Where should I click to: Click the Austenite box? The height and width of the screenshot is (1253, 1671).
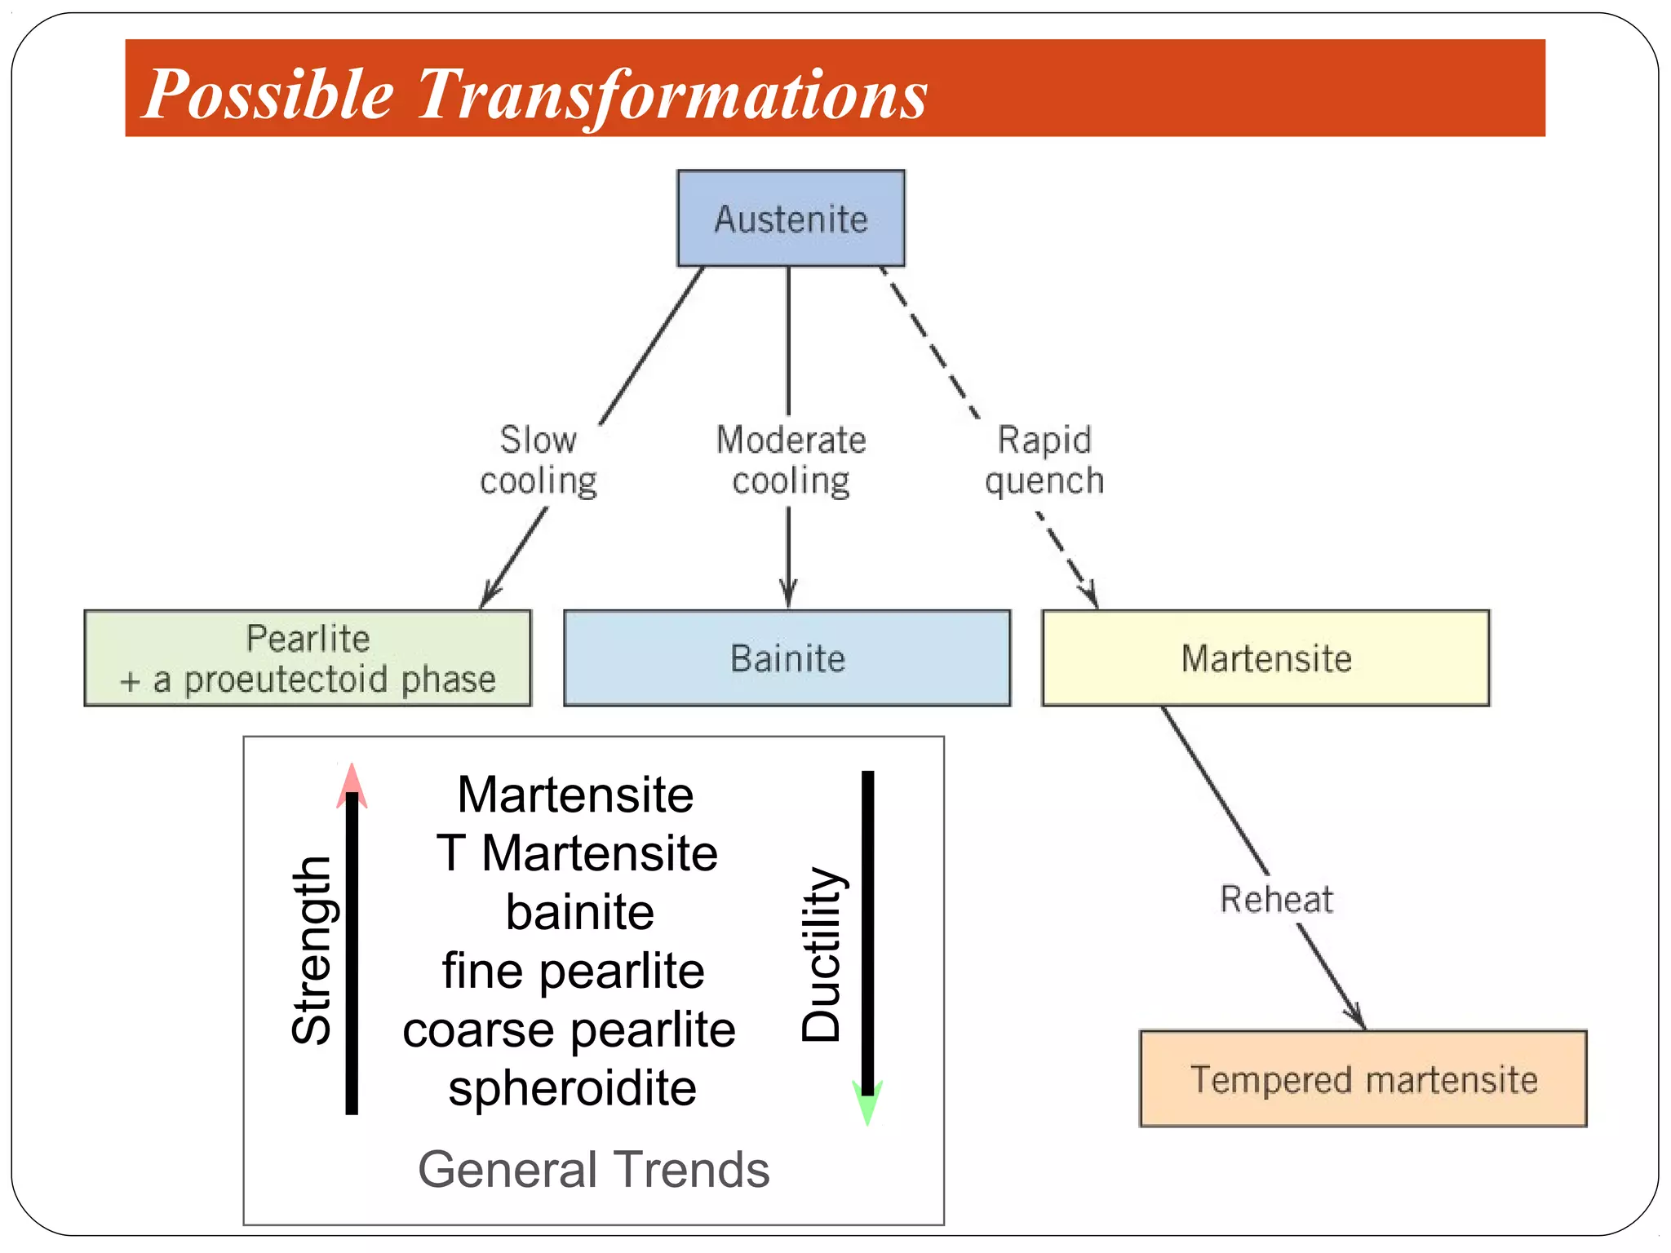pos(791,219)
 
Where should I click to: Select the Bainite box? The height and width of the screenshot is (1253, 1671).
pos(787,658)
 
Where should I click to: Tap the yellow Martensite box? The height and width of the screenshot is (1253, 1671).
pos(1265,658)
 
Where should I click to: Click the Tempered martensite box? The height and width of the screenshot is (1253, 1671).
pos(1363,1079)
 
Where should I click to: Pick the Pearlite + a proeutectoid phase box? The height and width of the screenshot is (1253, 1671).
pos(308,658)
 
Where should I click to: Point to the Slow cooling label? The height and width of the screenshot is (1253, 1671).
pos(539,460)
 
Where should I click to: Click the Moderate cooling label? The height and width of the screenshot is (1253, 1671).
pos(791,460)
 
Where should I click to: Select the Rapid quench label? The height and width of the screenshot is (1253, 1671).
pos(1044,460)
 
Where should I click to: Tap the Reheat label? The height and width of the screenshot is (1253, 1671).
pos(1276,899)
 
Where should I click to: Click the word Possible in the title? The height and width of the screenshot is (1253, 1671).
pos(268,94)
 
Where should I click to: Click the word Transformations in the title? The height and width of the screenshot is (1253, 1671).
pos(672,94)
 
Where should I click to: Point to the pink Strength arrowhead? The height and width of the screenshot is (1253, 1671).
pos(352,785)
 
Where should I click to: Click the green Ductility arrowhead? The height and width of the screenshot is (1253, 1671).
pos(867,1103)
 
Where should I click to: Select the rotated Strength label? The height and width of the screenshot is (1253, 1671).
pos(312,950)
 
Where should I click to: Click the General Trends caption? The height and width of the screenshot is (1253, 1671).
pos(593,1169)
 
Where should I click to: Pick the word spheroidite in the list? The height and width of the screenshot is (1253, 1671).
pos(572,1088)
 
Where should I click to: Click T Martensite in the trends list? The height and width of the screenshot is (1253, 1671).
pos(576,853)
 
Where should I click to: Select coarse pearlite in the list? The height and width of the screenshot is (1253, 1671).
pos(569,1029)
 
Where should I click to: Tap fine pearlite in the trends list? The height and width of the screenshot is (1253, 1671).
pos(573,971)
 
